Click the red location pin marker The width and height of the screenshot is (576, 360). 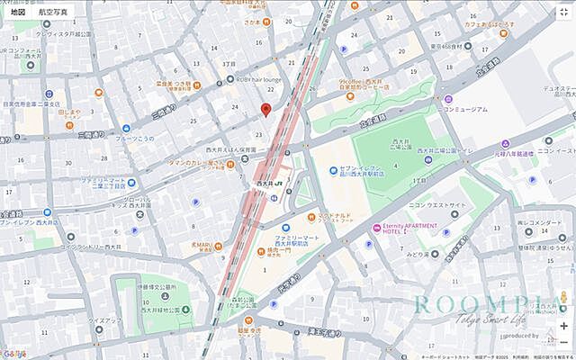tap(265, 109)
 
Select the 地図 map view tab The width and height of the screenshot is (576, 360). tap(17, 12)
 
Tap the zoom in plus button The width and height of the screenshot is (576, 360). tap(563, 326)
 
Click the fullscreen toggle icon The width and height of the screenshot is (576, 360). tap(563, 13)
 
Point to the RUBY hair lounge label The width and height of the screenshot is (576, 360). tap(259, 79)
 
